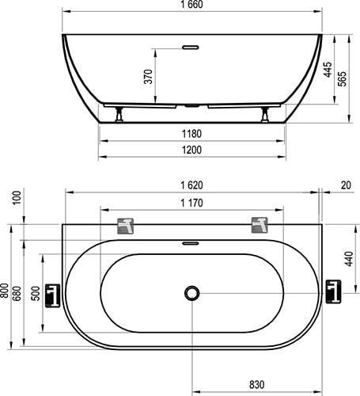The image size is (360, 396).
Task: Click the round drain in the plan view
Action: [x=191, y=293]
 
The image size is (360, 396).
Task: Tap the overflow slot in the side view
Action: [x=191, y=46]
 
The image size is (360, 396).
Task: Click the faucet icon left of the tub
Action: [x=53, y=294]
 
